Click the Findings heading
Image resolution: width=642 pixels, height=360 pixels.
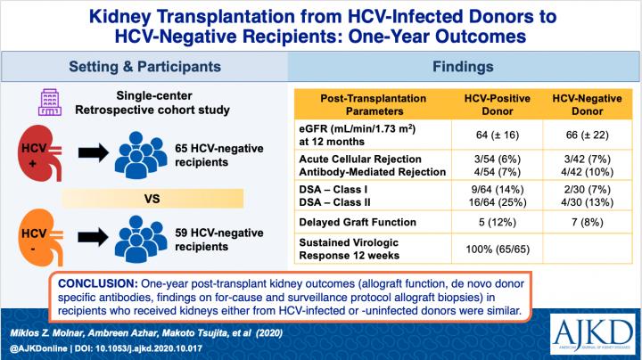[464, 66]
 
